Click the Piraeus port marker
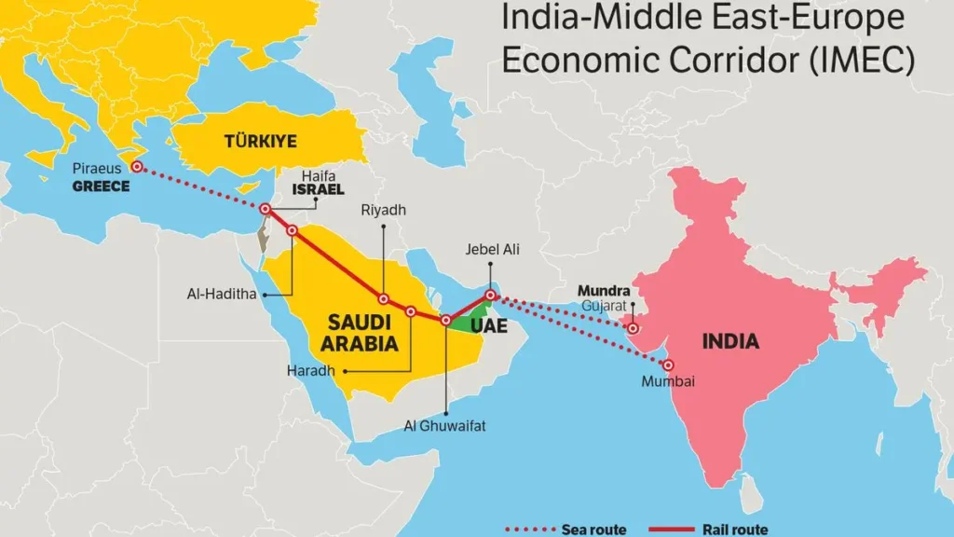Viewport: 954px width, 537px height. pyautogui.click(x=137, y=167)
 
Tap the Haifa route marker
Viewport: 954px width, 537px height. pyautogui.click(x=266, y=209)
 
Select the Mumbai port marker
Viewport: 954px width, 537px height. pyautogui.click(x=668, y=365)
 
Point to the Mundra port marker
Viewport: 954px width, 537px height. pyautogui.click(x=634, y=328)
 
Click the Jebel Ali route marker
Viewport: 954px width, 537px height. pyautogui.click(x=491, y=296)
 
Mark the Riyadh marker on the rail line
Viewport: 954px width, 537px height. pyautogui.click(x=383, y=299)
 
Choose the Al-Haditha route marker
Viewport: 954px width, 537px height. pyautogui.click(x=293, y=230)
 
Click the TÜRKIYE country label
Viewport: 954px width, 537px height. pyautogui.click(x=260, y=142)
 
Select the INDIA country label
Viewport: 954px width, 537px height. pyautogui.click(x=730, y=341)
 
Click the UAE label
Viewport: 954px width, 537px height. pyautogui.click(x=489, y=326)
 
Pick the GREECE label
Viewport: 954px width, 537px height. pyautogui.click(x=101, y=186)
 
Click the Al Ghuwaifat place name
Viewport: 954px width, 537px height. pyautogui.click(x=444, y=426)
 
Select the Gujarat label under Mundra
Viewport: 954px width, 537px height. pyautogui.click(x=603, y=306)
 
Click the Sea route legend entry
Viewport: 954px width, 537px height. pyautogui.click(x=565, y=530)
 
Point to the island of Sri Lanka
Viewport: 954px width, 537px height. pyautogui.click(x=745, y=486)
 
